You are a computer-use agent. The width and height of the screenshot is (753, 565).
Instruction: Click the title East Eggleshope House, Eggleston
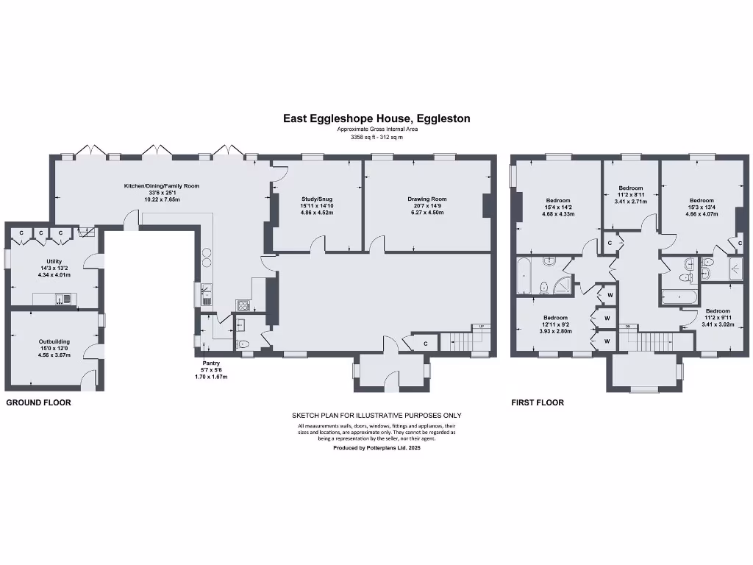[x=376, y=118]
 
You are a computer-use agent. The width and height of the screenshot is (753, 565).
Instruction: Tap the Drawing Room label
[x=427, y=199]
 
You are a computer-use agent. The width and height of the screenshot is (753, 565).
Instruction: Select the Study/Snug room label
[x=317, y=199]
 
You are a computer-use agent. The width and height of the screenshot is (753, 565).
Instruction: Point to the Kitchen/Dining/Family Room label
[x=161, y=186]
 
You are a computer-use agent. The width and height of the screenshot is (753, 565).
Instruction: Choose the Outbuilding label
[x=54, y=341]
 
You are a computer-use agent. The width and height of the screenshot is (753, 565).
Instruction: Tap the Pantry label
[x=212, y=363]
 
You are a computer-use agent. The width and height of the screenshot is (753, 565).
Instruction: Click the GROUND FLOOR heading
[x=39, y=403]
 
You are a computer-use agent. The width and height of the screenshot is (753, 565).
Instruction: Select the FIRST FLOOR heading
[x=538, y=403]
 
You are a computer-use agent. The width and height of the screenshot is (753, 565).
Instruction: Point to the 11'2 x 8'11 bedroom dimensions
[x=630, y=194]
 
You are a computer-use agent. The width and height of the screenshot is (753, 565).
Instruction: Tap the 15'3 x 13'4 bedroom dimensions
[x=701, y=207]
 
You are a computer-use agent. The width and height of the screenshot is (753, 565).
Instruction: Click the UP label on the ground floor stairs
[x=482, y=327]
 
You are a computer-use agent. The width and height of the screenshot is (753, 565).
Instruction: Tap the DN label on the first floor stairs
[x=627, y=327]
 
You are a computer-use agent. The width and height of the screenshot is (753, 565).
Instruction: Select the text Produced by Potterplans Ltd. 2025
[x=376, y=447]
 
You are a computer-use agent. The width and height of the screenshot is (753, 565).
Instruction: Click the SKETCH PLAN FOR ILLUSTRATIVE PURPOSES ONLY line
[x=376, y=416]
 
